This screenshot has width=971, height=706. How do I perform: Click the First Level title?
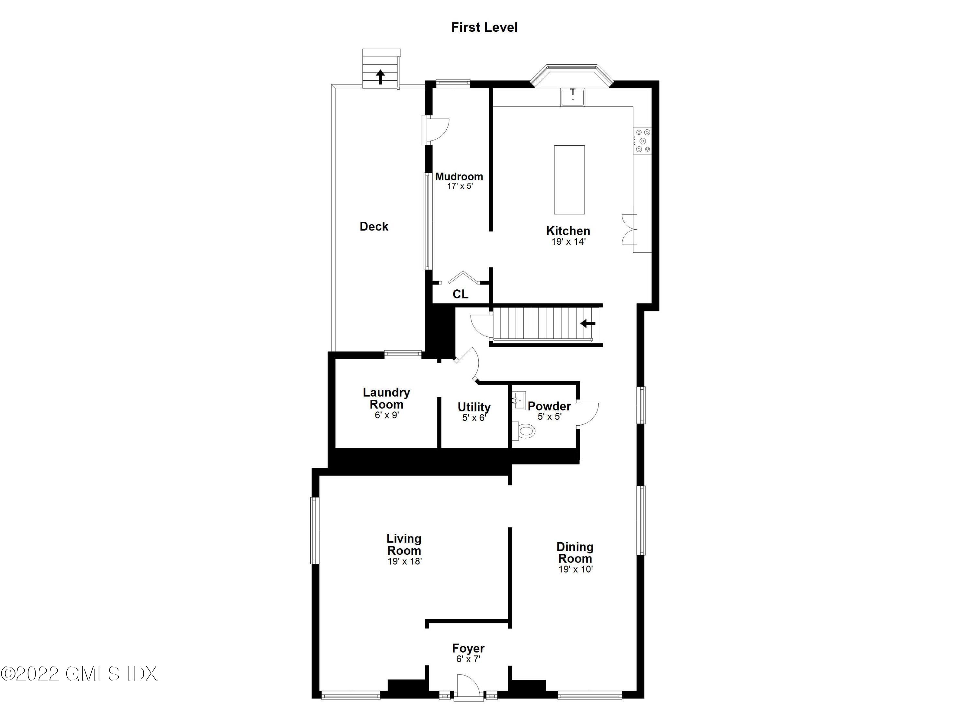click(484, 28)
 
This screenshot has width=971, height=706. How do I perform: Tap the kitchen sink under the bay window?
click(573, 97)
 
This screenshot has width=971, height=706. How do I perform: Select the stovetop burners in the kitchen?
click(642, 141)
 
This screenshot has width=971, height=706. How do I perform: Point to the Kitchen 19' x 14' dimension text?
click(568, 242)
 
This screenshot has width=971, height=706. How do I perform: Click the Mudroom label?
click(459, 176)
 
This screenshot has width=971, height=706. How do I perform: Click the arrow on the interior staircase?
click(588, 324)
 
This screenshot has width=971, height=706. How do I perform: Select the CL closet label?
click(460, 294)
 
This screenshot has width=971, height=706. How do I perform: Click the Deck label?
click(374, 227)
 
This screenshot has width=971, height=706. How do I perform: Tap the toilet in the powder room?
click(524, 431)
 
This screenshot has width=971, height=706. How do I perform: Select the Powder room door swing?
click(587, 414)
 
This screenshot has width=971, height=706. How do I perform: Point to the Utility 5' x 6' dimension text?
click(474, 418)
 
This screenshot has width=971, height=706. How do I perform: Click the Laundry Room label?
click(386, 398)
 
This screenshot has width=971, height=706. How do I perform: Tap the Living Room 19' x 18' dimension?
click(405, 561)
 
